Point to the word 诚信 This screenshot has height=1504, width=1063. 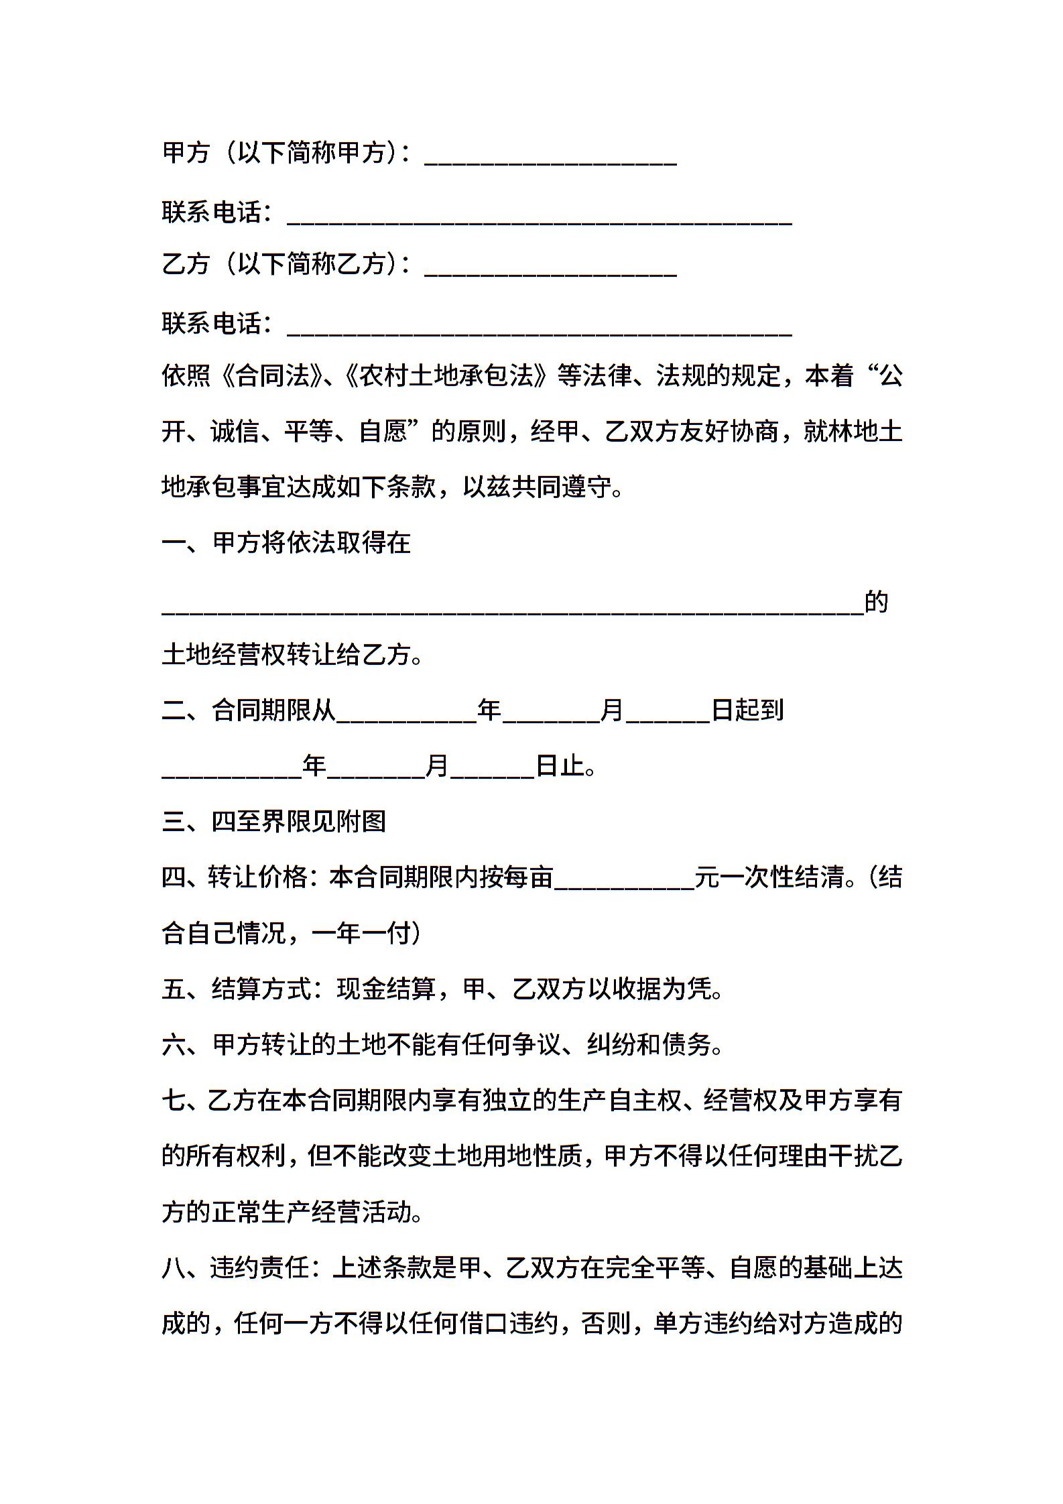tap(235, 432)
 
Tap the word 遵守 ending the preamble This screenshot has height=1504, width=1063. tap(587, 487)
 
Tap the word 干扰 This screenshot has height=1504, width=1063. tap(853, 1157)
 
